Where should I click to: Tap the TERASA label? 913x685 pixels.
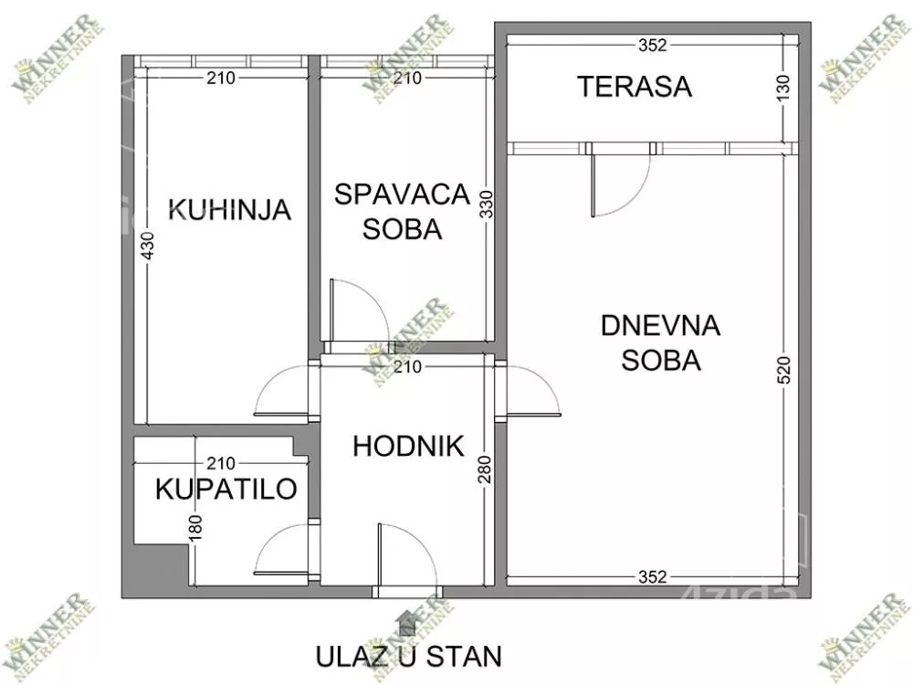635,87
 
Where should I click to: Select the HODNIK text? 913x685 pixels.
408,447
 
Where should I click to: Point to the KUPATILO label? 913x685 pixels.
226,490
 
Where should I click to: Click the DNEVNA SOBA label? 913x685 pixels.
661,342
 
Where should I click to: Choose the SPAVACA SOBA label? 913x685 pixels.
402,211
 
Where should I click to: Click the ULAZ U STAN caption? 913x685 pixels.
408,656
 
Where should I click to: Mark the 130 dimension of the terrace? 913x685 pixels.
790,89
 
